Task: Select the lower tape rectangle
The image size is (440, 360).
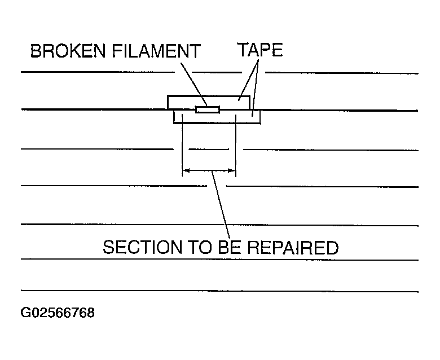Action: pyautogui.click(x=248, y=117)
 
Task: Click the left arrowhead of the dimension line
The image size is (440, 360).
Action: pyautogui.click(x=186, y=170)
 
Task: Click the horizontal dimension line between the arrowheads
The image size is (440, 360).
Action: pyautogui.click(x=209, y=170)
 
